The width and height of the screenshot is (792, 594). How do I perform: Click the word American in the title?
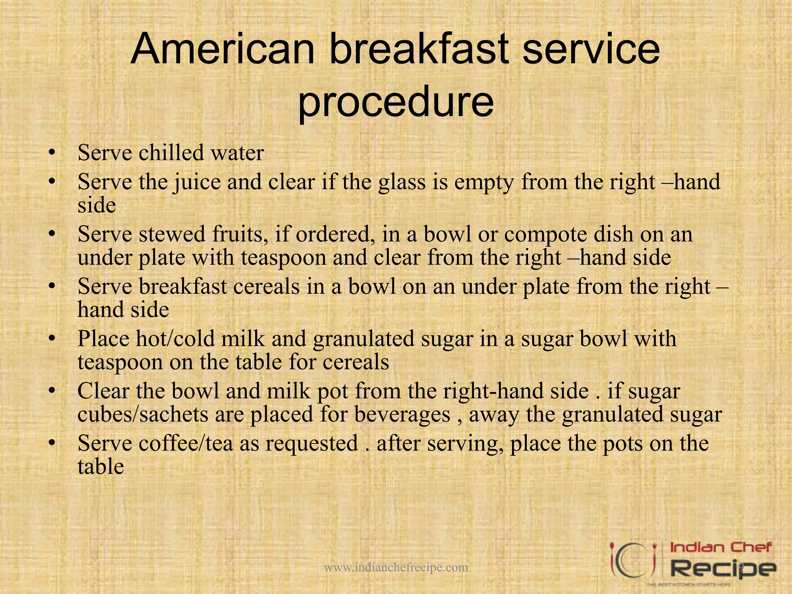click(223, 49)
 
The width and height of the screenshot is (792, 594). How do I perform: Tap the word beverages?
click(402, 415)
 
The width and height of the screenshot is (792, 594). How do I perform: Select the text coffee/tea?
click(186, 443)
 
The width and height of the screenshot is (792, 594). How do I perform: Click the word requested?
click(311, 444)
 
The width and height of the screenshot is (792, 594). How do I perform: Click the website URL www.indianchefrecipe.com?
click(396, 567)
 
